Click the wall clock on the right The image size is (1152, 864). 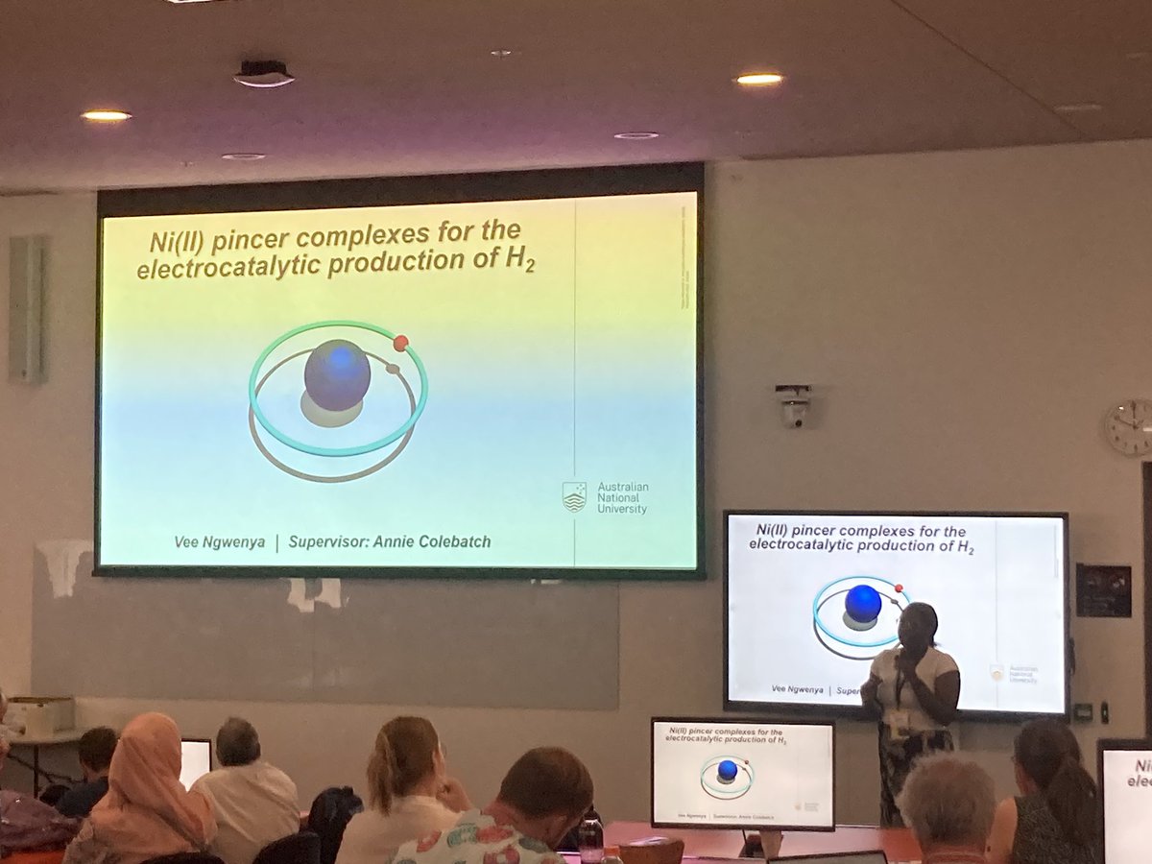click(x=1130, y=426)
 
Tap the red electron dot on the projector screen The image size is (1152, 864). click(x=400, y=343)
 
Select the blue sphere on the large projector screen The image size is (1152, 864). click(x=337, y=374)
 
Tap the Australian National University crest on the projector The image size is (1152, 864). click(x=574, y=496)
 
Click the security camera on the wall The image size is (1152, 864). click(x=793, y=406)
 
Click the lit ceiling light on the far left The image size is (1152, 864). click(x=106, y=115)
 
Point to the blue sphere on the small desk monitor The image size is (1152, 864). click(x=728, y=770)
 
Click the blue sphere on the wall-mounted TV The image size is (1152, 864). click(x=862, y=603)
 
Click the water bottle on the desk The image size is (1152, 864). click(x=590, y=841)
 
